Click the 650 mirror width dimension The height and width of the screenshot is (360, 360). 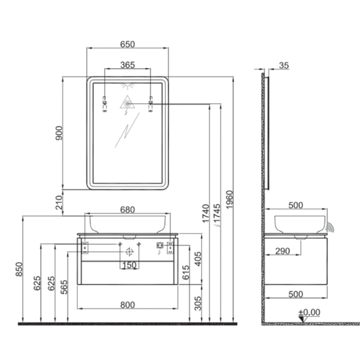(127, 44)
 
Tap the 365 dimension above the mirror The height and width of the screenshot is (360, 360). (127, 65)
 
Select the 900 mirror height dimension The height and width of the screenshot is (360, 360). (59, 133)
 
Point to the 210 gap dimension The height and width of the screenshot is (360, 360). (59, 203)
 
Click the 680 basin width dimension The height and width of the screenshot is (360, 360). (127, 209)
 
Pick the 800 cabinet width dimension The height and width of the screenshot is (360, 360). (127, 305)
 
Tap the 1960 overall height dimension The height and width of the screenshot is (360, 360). (229, 200)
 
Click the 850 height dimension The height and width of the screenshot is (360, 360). (19, 269)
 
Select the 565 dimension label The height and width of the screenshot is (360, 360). (64, 287)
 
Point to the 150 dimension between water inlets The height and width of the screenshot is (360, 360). (129, 265)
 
